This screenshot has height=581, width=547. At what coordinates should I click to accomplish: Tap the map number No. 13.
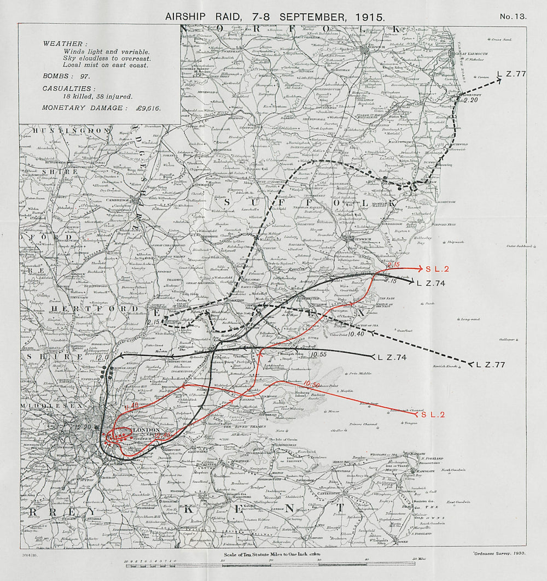[x=513, y=16]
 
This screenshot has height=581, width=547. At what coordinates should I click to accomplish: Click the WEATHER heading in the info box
[x=63, y=43]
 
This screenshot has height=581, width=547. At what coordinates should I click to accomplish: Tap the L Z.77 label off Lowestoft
[x=511, y=73]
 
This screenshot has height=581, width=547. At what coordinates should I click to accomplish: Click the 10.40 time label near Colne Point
[x=356, y=333]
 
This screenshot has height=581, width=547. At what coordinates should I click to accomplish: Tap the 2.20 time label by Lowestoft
[x=470, y=100]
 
